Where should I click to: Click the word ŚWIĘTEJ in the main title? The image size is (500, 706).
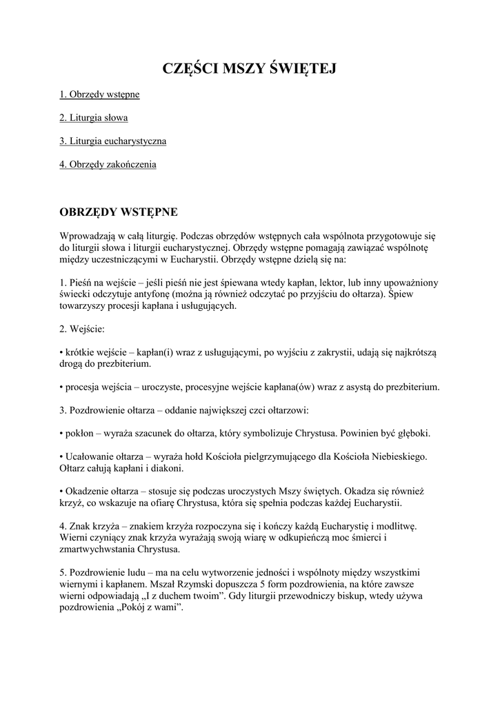(x=300, y=68)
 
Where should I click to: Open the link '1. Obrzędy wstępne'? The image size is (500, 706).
(x=99, y=94)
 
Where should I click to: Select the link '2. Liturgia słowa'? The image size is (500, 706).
(x=94, y=117)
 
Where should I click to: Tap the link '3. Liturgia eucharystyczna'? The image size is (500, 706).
(x=113, y=141)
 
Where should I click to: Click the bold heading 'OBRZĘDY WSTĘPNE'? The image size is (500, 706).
(x=119, y=210)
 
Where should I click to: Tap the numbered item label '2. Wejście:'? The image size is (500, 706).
(x=82, y=329)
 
